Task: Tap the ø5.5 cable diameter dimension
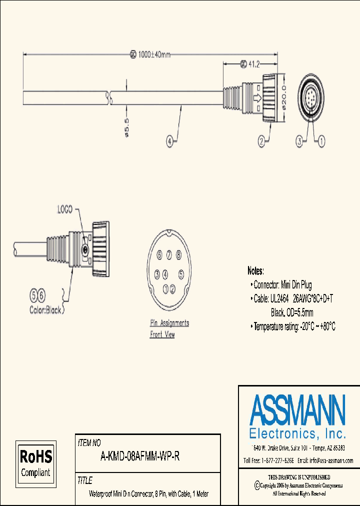click(126, 127)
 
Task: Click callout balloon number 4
click(170, 141)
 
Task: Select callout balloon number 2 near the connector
click(261, 142)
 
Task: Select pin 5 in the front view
click(181, 274)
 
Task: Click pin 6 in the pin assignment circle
click(159, 255)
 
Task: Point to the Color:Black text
click(45, 310)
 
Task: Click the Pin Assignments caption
click(169, 323)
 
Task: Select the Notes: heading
click(255, 271)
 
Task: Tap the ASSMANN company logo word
click(297, 410)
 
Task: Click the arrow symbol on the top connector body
click(258, 98)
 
